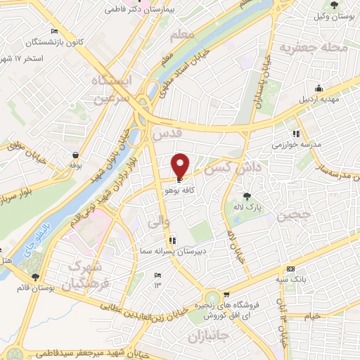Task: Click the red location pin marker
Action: coord(181,164)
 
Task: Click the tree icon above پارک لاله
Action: coord(246,196)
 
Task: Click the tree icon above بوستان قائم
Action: coord(35,276)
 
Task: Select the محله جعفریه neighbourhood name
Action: coord(314,49)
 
